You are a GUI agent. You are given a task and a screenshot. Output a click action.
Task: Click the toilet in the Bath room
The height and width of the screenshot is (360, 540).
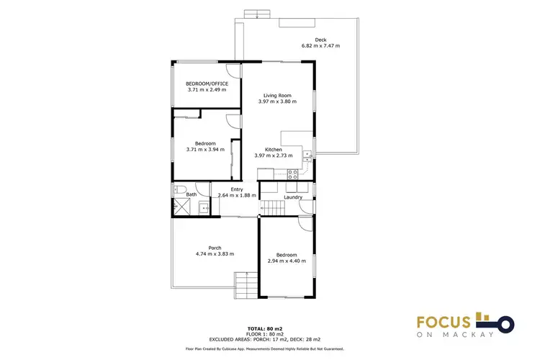coord(178,189)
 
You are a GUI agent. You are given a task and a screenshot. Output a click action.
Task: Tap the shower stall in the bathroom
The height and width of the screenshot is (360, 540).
coord(179,208)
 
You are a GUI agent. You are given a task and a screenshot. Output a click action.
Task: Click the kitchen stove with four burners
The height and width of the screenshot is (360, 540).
coord(294,173)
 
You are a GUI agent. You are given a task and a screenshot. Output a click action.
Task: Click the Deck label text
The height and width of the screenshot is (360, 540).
coord(320,40)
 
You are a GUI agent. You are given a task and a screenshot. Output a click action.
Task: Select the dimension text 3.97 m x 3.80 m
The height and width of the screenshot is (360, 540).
coord(277,102)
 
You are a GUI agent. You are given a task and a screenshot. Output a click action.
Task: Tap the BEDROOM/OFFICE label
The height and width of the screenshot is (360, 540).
coord(207,84)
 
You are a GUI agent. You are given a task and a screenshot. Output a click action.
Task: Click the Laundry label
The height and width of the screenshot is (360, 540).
coord(293,197)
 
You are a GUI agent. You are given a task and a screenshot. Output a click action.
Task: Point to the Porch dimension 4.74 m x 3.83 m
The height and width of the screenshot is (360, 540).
coord(215,253)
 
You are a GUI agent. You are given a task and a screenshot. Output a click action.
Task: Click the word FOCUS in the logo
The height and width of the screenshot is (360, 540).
coord(445,321)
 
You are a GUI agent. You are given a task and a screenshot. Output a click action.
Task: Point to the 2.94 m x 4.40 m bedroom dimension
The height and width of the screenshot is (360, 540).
coord(287,261)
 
